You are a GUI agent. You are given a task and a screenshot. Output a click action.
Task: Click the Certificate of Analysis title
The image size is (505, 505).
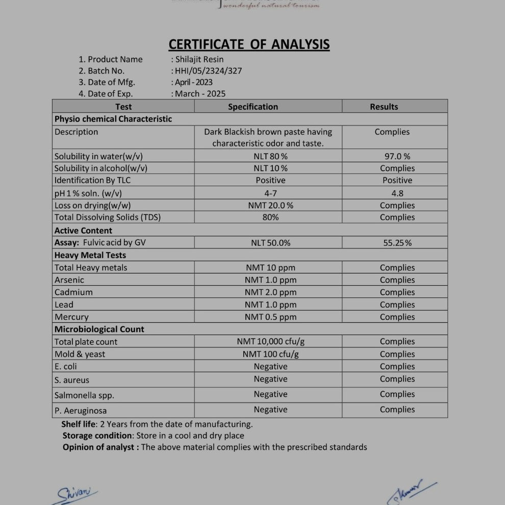(249, 44)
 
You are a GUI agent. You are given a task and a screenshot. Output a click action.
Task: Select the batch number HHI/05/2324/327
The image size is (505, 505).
(208, 71)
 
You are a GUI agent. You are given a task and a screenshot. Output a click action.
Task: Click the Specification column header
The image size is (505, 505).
(253, 107)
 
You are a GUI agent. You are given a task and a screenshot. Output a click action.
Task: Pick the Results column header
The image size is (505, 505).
(384, 107)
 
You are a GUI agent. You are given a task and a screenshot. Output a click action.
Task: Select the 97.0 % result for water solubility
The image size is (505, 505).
(397, 157)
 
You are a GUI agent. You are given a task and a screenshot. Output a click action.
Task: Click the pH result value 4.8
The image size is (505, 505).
(397, 193)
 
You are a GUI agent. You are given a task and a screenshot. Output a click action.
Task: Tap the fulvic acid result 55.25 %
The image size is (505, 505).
(397, 243)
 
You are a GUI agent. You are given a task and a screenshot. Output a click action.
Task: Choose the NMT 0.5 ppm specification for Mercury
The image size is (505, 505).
(270, 317)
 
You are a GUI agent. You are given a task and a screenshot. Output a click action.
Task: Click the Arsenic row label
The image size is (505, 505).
(69, 280)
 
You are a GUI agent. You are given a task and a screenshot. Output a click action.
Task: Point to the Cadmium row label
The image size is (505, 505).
(73, 292)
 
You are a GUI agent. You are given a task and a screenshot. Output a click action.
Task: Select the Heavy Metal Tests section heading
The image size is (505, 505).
(90, 255)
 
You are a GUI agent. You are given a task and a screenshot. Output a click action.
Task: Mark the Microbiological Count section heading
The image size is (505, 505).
(99, 329)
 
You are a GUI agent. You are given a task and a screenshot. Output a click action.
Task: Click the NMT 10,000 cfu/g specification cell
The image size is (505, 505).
(270, 342)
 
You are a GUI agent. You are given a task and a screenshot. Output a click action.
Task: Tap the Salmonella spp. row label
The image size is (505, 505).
(84, 395)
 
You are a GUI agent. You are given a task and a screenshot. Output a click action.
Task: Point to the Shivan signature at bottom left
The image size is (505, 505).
(77, 493)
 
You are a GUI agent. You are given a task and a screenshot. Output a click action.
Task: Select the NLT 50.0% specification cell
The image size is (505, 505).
(270, 243)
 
